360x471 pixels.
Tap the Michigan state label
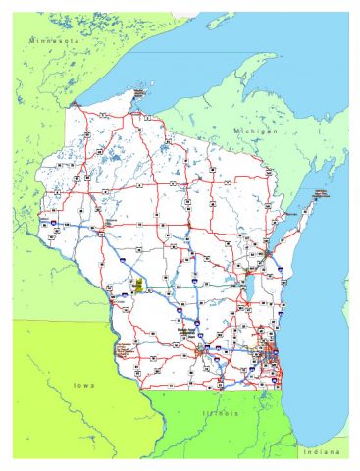coord(255,130)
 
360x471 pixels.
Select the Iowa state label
coord(85,385)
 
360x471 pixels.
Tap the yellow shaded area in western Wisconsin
coord(139,287)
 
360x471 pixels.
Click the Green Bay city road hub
coord(267,252)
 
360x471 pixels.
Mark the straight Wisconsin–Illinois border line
coord(211,388)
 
